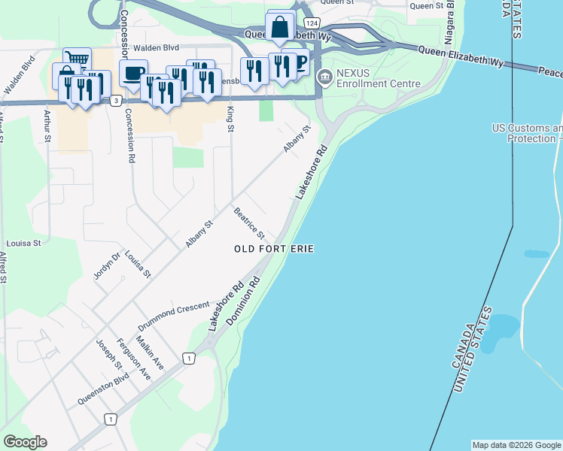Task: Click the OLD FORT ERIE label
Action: pyautogui.click(x=273, y=249)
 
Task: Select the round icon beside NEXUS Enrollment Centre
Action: pyautogui.click(x=325, y=77)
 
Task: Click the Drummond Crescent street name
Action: pyautogui.click(x=173, y=317)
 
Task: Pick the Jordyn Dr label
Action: pyautogui.click(x=106, y=265)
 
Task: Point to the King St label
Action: pyautogui.click(x=230, y=120)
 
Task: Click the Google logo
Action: pyautogui.click(x=25, y=442)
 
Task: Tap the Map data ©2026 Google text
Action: pyautogui.click(x=516, y=445)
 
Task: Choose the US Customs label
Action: pyautogui.click(x=527, y=133)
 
